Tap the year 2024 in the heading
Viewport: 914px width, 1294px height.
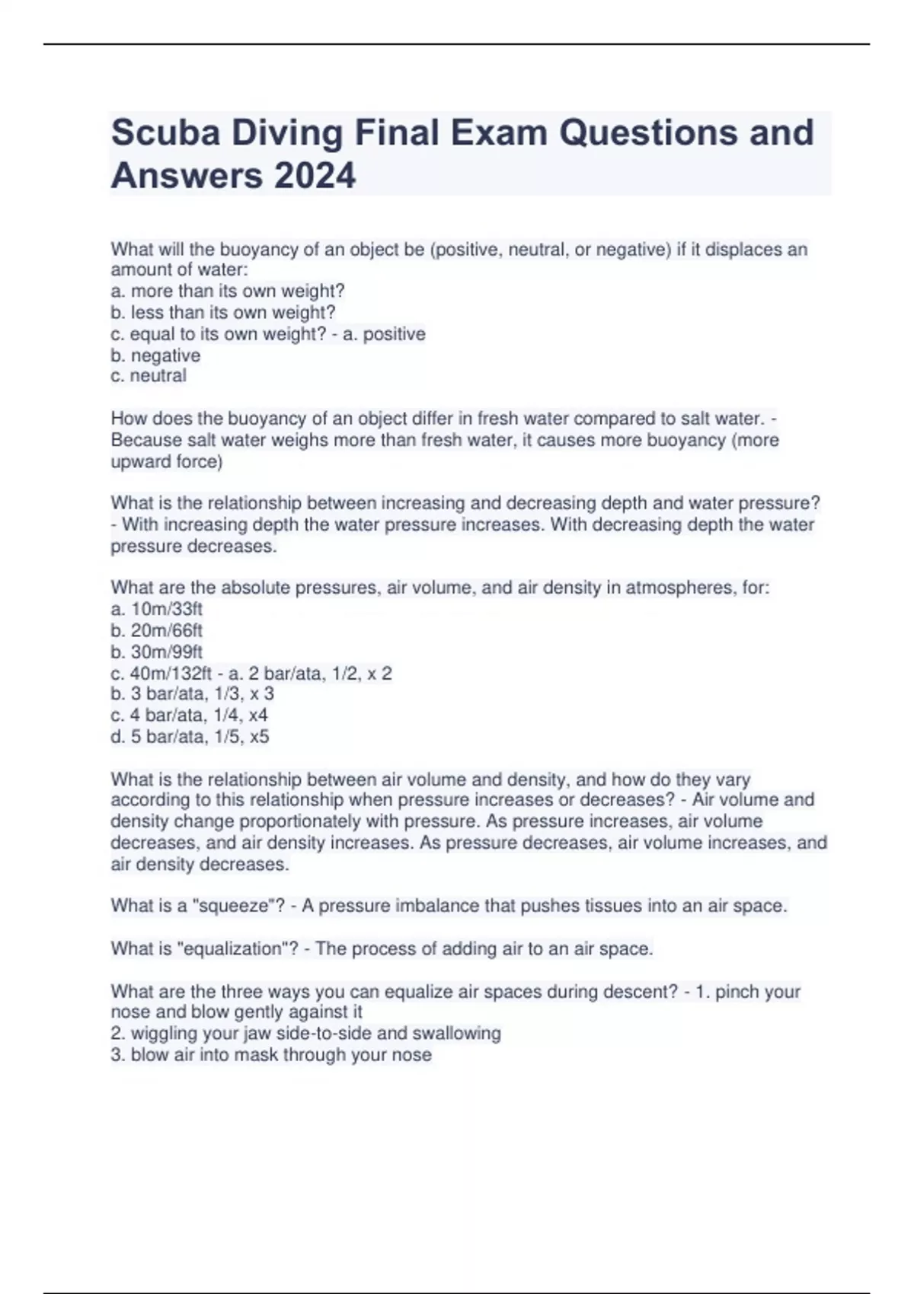pyautogui.click(x=315, y=176)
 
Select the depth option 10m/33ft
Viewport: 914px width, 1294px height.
pyautogui.click(x=166, y=609)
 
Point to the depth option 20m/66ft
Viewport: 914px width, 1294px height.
pyautogui.click(x=166, y=630)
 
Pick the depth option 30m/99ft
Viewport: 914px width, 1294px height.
pyautogui.click(x=166, y=652)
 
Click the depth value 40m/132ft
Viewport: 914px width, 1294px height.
pyautogui.click(x=171, y=673)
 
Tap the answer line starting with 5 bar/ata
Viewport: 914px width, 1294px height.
pyautogui.click(x=190, y=736)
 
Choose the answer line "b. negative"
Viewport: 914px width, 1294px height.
pyautogui.click(x=155, y=355)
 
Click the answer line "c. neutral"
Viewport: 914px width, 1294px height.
pyautogui.click(x=149, y=375)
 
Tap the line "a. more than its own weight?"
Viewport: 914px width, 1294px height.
pyautogui.click(x=228, y=291)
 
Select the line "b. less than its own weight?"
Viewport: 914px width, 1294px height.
pyautogui.click(x=223, y=312)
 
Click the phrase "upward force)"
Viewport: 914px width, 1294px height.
pyautogui.click(x=166, y=461)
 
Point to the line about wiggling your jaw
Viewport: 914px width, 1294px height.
pyautogui.click(x=305, y=1033)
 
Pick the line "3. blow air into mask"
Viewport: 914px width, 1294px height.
pyautogui.click(x=271, y=1054)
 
